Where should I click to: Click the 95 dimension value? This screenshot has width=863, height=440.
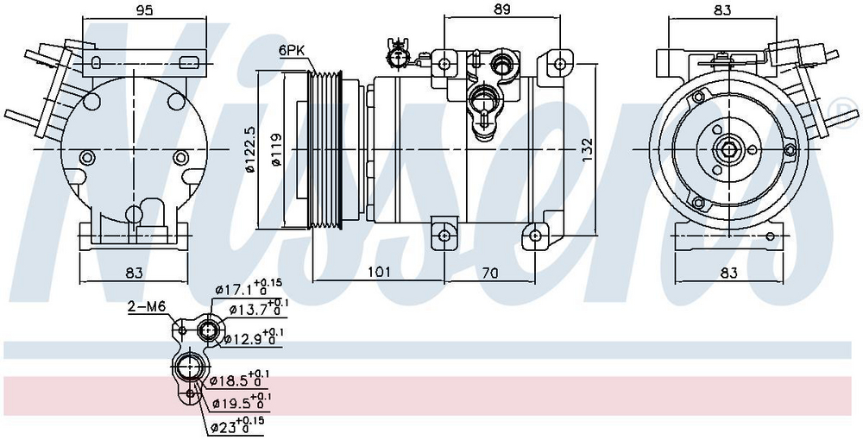tap(144, 11)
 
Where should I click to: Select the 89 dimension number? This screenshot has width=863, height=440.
tap(502, 9)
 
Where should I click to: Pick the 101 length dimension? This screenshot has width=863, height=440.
tap(378, 273)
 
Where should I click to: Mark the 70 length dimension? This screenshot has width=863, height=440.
tap(490, 273)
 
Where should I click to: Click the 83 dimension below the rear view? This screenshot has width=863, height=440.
tap(133, 273)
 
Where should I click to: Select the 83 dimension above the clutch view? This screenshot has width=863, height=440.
tap(723, 11)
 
